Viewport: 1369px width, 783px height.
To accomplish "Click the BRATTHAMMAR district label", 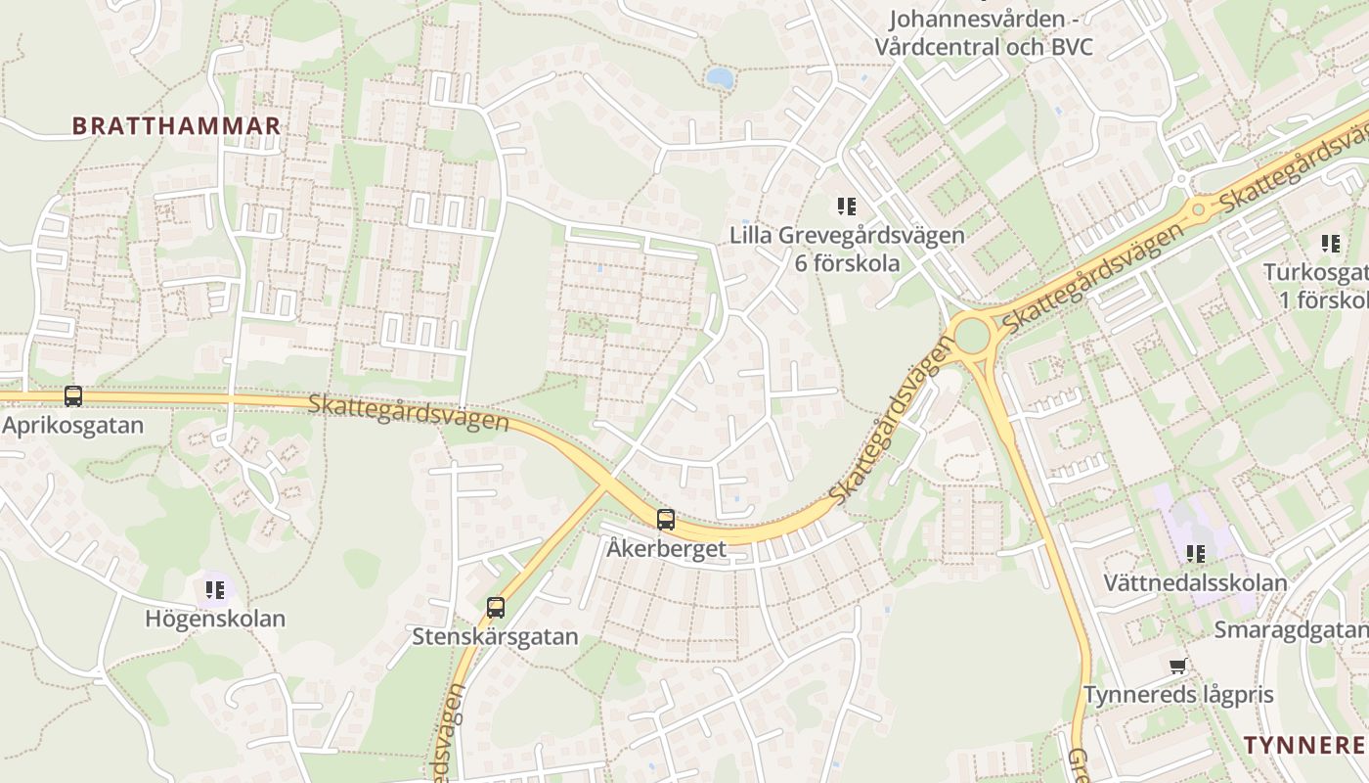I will point(176,126).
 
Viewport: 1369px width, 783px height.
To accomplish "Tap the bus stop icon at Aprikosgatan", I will point(73,396).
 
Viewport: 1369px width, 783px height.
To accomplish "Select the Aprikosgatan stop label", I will point(72,426).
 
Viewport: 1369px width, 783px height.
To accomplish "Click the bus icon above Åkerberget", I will point(666,520).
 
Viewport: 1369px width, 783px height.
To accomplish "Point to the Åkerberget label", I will point(666,548).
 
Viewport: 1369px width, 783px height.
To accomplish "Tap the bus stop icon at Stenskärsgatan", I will point(496,608).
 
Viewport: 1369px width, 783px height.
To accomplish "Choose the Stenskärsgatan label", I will point(495,636).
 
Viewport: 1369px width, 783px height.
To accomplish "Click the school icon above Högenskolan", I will point(215,590).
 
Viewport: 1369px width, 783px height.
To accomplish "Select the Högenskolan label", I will point(215,619).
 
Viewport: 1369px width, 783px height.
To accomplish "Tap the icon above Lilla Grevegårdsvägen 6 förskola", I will point(847,207).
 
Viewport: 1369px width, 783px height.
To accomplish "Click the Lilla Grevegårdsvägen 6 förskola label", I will point(847,249).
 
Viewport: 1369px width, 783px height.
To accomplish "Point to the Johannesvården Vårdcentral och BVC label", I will point(984,33).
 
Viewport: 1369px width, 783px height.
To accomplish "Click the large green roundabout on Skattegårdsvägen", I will point(972,336).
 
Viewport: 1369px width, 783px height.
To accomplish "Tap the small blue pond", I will point(720,77).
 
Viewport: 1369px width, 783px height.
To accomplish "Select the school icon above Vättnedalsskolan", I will point(1196,554).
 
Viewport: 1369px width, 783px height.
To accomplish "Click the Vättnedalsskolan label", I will point(1195,582).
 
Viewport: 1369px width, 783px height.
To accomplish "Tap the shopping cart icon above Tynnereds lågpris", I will point(1178,667).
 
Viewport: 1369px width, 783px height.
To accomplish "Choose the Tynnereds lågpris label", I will point(1178,695).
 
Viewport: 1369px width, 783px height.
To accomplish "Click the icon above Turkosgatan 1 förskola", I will point(1331,243).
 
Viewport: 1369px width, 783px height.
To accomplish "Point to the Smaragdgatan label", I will point(1291,629).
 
